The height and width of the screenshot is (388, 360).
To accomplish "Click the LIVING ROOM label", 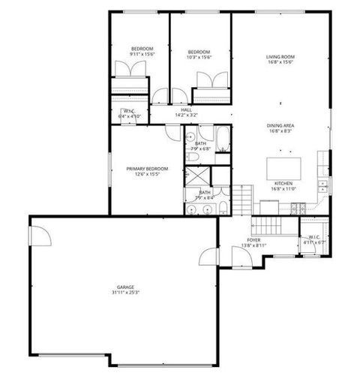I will [278, 56].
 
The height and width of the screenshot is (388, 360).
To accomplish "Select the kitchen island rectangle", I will [285, 165].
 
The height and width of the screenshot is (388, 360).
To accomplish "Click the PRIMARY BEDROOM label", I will [146, 168].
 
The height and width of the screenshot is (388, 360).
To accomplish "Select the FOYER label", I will [255, 239].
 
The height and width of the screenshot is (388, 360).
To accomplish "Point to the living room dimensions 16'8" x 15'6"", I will [278, 62].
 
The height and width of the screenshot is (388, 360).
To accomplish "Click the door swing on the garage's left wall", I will [39, 236].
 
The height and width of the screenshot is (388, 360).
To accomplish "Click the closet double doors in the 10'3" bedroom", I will [211, 80].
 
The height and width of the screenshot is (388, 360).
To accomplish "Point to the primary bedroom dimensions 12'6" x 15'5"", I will [146, 174].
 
